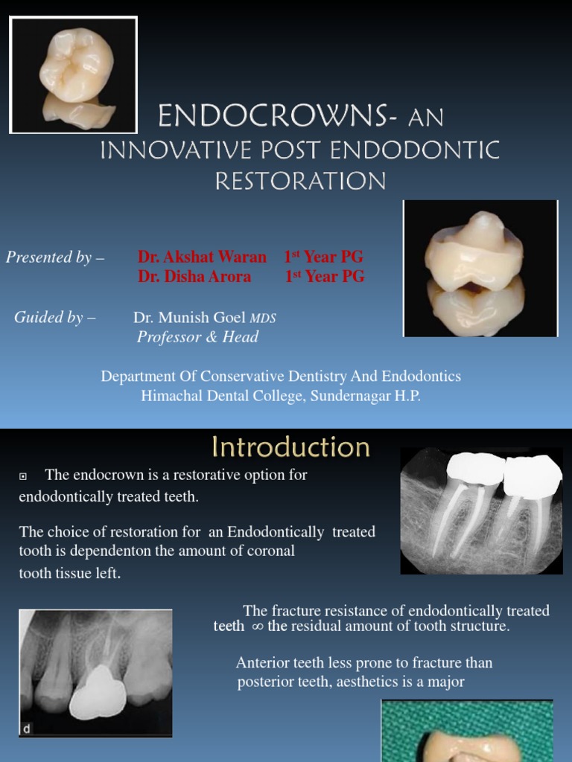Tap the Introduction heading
point(290,447)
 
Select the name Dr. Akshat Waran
point(202,257)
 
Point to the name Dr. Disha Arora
point(194,277)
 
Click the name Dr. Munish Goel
point(190,318)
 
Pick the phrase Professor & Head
point(197,337)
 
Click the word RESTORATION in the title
point(300,181)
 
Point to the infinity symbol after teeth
point(257,627)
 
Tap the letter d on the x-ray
point(28,729)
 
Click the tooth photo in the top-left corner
point(74,75)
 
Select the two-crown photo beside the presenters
point(480,269)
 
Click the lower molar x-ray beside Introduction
point(481,510)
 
